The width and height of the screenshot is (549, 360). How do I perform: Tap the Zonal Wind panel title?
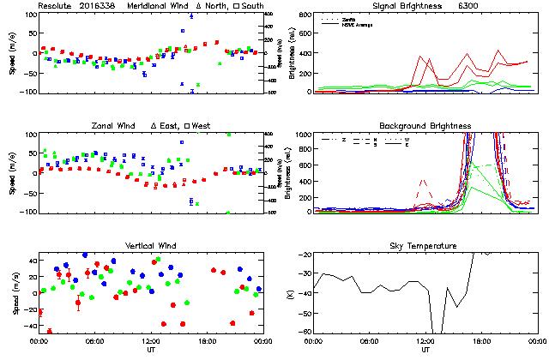pos(117,126)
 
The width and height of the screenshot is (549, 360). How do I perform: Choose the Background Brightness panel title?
pos(425,126)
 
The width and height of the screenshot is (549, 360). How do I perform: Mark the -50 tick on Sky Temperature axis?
pos(305,314)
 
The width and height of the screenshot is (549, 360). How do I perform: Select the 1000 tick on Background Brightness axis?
pos(302,135)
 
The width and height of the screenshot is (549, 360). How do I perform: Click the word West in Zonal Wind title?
pos(202,126)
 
